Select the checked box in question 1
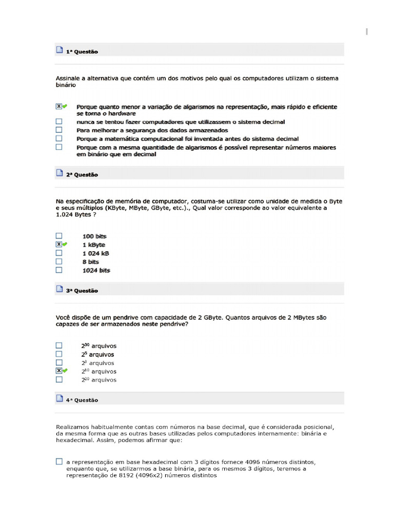click(59, 107)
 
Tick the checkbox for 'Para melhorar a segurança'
click(59, 130)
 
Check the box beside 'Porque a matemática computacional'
click(59, 138)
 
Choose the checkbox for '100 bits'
click(59, 236)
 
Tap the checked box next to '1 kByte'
click(59, 245)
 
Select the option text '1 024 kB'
click(95, 253)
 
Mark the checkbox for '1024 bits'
click(59, 270)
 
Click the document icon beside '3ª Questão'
click(59, 290)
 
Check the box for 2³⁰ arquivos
click(59, 346)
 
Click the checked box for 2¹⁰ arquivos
click(59, 371)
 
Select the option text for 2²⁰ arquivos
click(98, 380)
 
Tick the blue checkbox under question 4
click(59, 461)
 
